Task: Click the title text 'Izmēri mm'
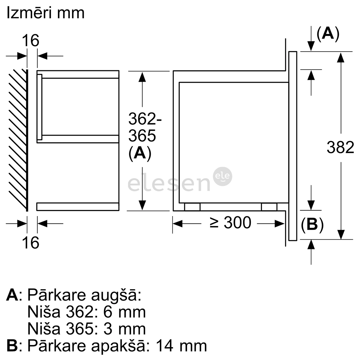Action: [46, 13]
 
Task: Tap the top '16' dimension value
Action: [31, 41]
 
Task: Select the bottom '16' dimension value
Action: [31, 243]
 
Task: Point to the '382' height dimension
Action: [340, 147]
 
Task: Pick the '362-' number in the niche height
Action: [145, 119]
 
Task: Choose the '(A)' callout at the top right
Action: [328, 34]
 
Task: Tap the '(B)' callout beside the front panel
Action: [312, 225]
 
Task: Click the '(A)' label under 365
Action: [140, 153]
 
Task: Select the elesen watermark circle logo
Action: [223, 176]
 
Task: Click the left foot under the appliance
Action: [192, 207]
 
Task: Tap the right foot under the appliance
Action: [269, 207]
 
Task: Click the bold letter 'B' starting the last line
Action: [12, 346]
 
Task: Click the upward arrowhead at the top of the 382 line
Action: [341, 57]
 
